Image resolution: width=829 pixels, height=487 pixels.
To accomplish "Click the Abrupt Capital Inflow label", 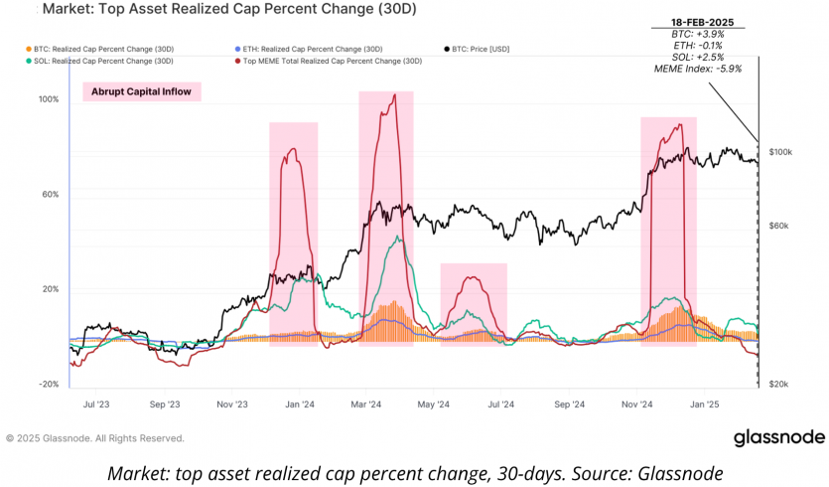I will (x=141, y=91).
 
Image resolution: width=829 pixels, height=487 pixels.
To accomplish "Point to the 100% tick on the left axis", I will (x=48, y=99).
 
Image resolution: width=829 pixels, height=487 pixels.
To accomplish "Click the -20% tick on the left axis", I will (x=48, y=385).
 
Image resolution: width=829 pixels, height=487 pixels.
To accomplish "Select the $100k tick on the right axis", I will (x=780, y=152).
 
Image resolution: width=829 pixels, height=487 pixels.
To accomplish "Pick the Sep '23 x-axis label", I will (x=165, y=406).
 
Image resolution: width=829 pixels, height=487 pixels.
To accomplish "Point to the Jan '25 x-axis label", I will (x=704, y=406).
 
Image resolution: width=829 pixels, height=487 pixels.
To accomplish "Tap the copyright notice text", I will (x=94, y=437).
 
